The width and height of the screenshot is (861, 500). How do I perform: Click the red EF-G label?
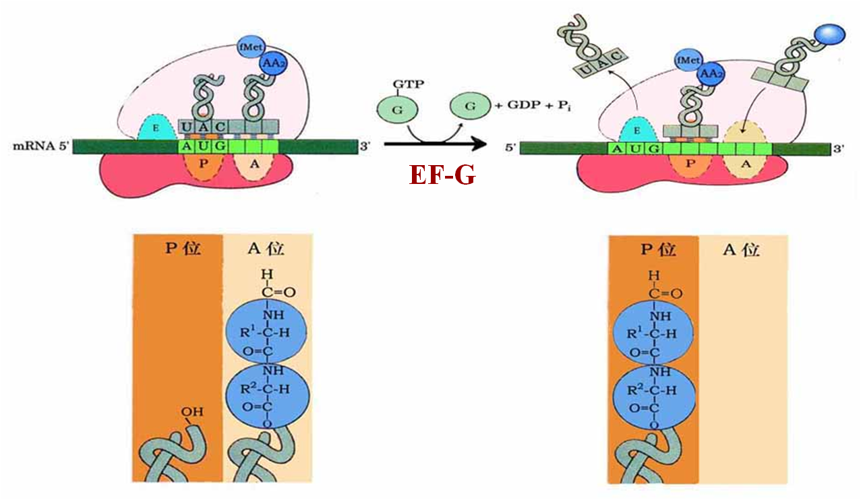443,174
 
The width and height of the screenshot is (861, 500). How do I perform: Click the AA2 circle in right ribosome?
707,71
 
